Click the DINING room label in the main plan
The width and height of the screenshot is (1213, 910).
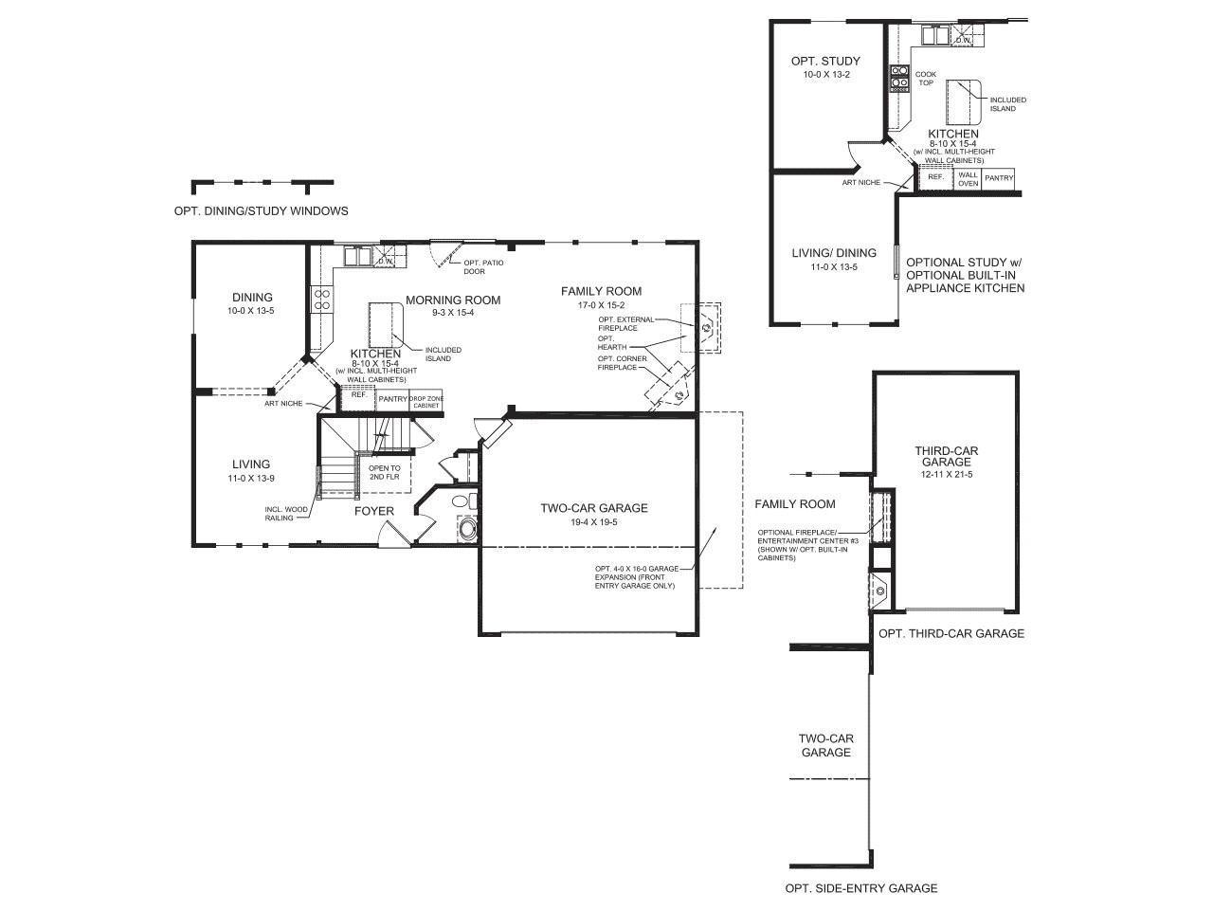[x=252, y=298]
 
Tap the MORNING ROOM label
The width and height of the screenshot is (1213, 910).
[x=453, y=300]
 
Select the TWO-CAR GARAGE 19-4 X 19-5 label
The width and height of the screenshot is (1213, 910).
[x=594, y=514]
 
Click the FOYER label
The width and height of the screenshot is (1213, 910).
[x=374, y=511]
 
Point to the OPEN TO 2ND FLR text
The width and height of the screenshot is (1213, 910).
[x=385, y=472]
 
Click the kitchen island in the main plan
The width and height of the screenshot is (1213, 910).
[x=387, y=324]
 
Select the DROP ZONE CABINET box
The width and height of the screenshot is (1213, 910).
[x=426, y=402]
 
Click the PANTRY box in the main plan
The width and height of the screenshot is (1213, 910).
[x=392, y=399]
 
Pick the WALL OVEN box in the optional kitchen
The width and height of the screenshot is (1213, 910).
[x=968, y=179]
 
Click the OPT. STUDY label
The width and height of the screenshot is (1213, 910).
[x=825, y=61]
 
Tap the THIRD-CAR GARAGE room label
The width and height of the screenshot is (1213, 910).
[x=946, y=456]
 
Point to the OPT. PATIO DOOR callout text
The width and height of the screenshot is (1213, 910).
[x=483, y=267]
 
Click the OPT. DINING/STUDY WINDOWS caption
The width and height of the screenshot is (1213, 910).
[x=261, y=211]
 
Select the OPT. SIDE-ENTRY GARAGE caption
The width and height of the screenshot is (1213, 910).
[x=861, y=888]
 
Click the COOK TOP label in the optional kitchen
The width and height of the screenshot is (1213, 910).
[x=926, y=79]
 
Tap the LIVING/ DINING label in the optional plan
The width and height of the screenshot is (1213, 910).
[x=834, y=253]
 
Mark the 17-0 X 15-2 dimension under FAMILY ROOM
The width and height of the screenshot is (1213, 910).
[x=601, y=305]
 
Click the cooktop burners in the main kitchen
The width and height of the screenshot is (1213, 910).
[x=321, y=299]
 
